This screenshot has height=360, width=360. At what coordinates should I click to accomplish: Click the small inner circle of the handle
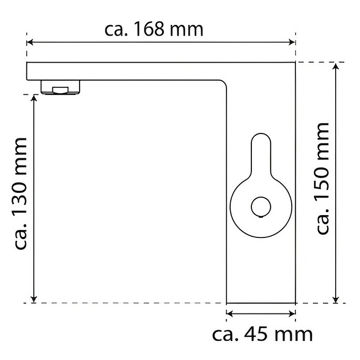pyautogui.click(x=261, y=206)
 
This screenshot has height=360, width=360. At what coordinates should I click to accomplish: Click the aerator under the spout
pyautogui.click(x=61, y=87)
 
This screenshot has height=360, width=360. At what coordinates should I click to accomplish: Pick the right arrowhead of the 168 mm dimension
pyautogui.click(x=292, y=42)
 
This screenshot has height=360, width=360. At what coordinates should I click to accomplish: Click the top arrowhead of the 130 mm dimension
pyautogui.click(x=34, y=98)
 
